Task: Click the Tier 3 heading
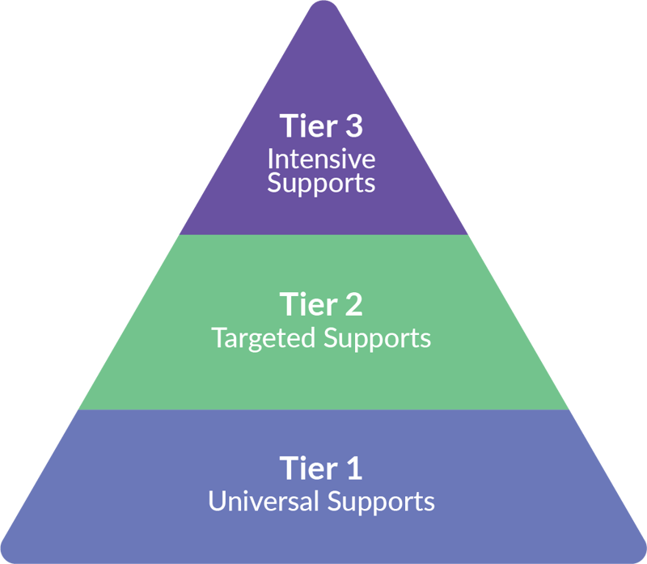321,126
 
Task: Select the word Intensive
321,157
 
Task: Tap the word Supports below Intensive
321,183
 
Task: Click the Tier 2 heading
321,305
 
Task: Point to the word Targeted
264,337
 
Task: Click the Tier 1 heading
321,469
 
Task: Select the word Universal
264,501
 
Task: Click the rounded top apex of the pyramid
323,6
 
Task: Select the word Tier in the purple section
307,126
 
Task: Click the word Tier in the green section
307,305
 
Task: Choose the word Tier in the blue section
307,469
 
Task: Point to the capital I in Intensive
271,157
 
